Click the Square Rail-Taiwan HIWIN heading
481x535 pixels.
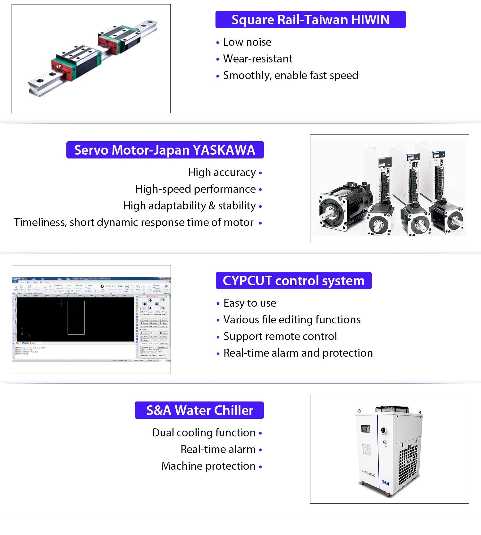point(310,20)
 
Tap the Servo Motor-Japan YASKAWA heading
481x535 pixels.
point(165,150)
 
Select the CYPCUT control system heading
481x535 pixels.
point(293,281)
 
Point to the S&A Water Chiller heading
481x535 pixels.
point(199,410)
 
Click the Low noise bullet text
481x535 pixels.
point(247,42)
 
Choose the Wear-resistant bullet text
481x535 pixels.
point(257,59)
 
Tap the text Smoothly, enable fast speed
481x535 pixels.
point(291,76)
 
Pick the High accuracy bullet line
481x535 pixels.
point(222,173)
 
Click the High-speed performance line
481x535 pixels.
point(195,189)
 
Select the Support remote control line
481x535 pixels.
point(280,336)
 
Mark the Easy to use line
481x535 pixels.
point(250,303)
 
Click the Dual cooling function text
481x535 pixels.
point(204,433)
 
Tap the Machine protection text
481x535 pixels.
point(208,466)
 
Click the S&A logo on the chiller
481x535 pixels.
point(385,483)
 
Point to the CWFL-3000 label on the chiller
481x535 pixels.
point(368,473)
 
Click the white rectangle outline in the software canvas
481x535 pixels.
point(76,317)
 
